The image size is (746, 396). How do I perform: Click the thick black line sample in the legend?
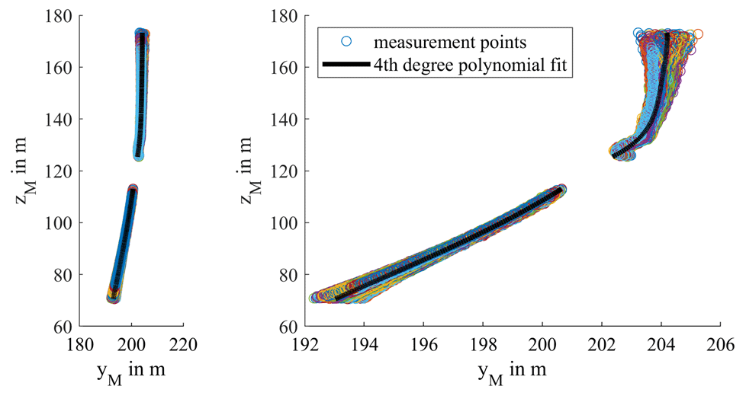click(x=348, y=65)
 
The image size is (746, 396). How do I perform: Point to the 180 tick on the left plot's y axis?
click(x=62, y=16)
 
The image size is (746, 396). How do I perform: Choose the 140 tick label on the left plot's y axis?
click(x=62, y=120)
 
